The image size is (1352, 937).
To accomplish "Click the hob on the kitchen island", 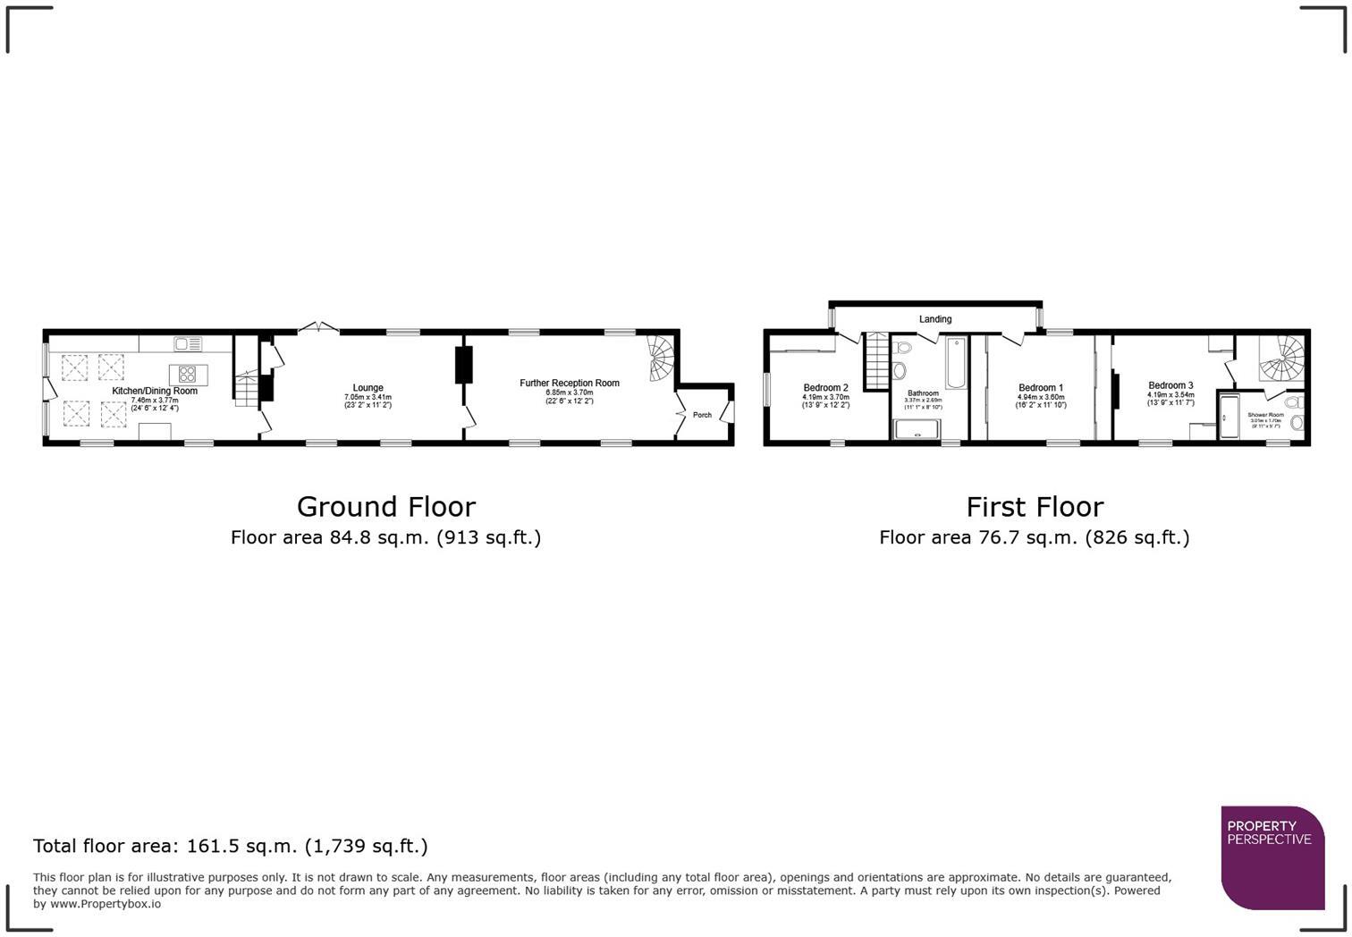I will tap(188, 374).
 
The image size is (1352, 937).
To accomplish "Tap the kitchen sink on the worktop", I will tap(189, 343).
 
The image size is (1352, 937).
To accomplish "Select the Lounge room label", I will tap(368, 388).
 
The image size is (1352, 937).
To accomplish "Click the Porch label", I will tap(702, 415).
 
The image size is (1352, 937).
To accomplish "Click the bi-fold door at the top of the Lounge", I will tap(317, 328).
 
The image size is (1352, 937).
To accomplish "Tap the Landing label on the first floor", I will tap(935, 319).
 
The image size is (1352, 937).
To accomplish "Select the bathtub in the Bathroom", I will tap(956, 362).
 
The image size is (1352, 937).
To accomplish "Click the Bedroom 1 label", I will tap(1041, 388).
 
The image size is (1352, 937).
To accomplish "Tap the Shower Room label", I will tap(1265, 415).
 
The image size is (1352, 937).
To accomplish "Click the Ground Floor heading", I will tap(385, 507).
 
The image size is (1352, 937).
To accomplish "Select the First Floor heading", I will tap(1035, 507).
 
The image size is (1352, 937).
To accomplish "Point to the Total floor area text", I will tap(231, 846).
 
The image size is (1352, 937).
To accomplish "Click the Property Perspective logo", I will tap(1272, 857).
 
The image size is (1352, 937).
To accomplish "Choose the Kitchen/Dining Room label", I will tap(155, 391).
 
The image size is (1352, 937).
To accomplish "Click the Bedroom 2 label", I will tap(825, 388).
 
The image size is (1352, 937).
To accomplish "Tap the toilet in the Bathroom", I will tap(900, 369).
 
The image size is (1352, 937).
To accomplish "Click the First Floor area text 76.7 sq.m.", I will tap(1034, 537).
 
